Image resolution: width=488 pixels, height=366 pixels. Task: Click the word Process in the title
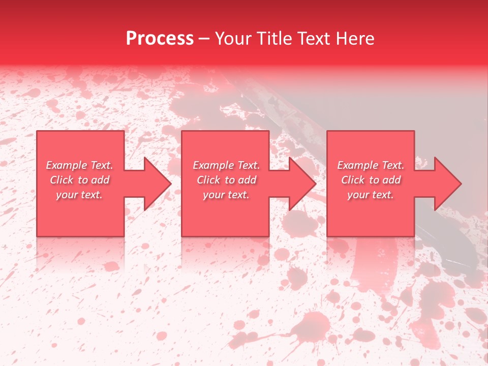pos(160,39)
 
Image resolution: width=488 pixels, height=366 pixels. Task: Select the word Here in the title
pos(355,39)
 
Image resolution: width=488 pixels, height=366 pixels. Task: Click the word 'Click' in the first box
pos(62,180)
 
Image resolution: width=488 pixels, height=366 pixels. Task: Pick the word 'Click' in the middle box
pos(208,180)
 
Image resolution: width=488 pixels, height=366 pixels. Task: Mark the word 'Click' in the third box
pos(353,180)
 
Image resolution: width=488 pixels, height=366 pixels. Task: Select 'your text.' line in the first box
pos(79,195)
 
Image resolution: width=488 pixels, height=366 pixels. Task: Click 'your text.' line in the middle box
pos(226,195)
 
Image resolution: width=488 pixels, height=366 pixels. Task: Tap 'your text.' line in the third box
pos(370,195)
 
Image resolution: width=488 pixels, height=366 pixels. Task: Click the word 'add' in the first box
pos(101,180)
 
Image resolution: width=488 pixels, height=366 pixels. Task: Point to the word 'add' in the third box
pos(392,180)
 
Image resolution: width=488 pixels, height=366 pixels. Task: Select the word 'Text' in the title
pos(312,39)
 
